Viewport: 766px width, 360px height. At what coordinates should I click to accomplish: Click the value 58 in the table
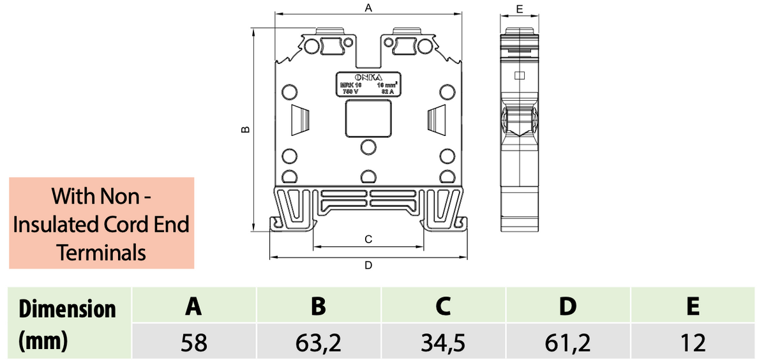tap(194, 343)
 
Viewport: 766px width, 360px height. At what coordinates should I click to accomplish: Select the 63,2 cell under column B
tap(319, 343)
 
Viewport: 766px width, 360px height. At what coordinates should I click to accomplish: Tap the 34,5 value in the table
tap(443, 343)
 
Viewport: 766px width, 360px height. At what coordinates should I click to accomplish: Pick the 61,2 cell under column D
tap(567, 343)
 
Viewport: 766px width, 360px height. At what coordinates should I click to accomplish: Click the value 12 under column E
tap(693, 343)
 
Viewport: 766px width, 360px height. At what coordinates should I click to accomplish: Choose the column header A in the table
tap(194, 306)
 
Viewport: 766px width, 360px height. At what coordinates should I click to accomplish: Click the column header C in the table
tap(443, 306)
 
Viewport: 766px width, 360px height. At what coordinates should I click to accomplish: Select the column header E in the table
tap(693, 306)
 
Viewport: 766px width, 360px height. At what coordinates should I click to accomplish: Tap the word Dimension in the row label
tap(68, 309)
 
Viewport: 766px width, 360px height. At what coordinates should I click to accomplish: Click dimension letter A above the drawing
tap(368, 8)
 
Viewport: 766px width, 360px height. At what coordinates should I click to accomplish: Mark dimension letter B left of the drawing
tap(244, 130)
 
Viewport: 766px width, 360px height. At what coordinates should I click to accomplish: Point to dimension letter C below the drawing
tap(368, 239)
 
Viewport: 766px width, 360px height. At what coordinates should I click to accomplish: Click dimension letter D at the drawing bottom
tap(368, 264)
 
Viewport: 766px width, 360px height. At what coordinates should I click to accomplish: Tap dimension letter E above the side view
tap(520, 9)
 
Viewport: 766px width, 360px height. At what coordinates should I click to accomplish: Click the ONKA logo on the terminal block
tap(368, 77)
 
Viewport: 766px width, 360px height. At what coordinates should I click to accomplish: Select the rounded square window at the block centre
tap(368, 119)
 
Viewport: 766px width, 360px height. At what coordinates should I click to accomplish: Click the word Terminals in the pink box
tap(101, 253)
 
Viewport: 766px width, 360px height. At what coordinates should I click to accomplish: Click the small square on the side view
tap(520, 76)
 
